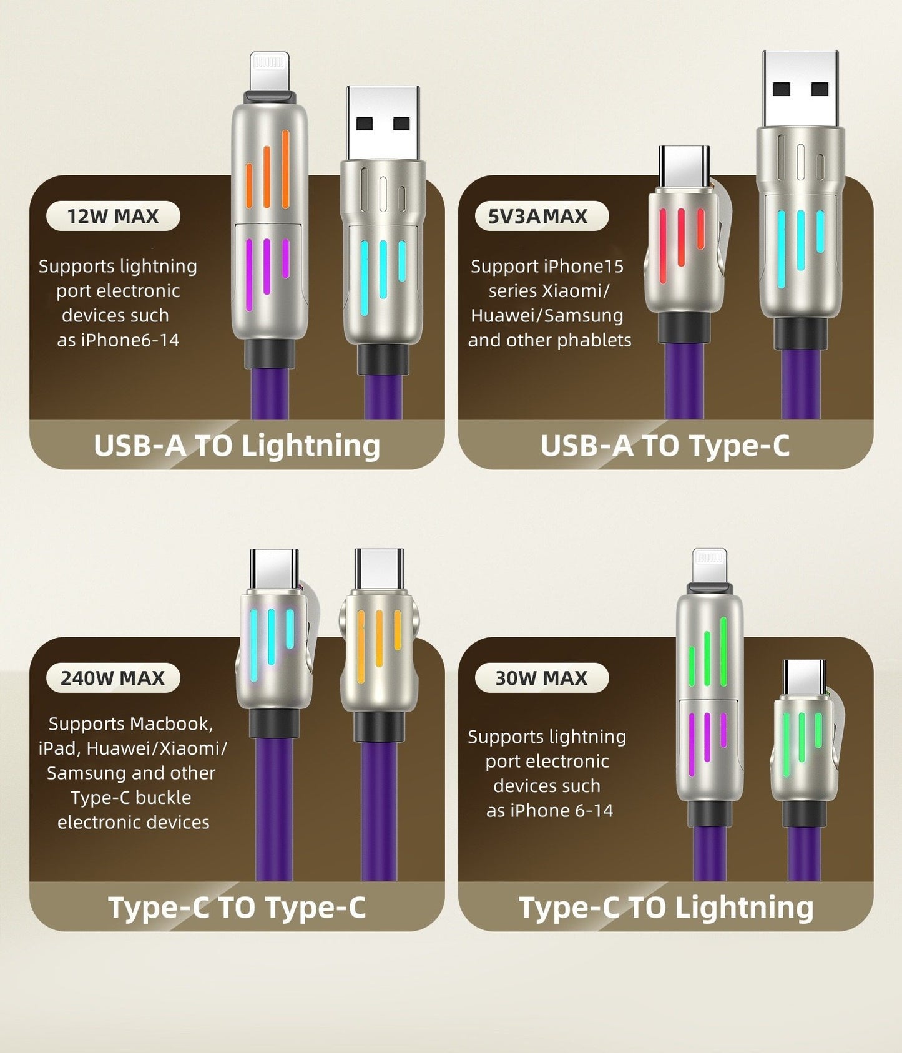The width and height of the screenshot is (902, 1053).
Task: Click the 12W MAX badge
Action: tap(113, 216)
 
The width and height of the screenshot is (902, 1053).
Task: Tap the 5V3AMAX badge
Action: tap(542, 216)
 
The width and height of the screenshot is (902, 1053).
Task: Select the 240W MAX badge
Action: tap(113, 678)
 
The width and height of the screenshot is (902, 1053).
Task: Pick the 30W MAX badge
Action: tap(542, 678)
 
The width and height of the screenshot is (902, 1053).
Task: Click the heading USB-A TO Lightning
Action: tap(237, 446)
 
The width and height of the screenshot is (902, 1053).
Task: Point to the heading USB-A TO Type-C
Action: tap(665, 446)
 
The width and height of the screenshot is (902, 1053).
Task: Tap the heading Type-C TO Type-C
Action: tap(237, 908)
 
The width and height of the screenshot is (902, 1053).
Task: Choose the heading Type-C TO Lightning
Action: tap(666, 908)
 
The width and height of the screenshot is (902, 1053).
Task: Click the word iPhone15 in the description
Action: tap(584, 267)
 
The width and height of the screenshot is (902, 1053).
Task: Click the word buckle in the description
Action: tap(163, 798)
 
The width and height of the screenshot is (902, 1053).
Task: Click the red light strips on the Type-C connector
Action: tap(682, 243)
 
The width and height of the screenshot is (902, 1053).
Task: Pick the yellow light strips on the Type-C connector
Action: tap(379, 642)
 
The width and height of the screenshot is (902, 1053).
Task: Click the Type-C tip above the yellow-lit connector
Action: tap(379, 569)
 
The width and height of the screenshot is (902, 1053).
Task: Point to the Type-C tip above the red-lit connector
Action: tap(684, 165)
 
